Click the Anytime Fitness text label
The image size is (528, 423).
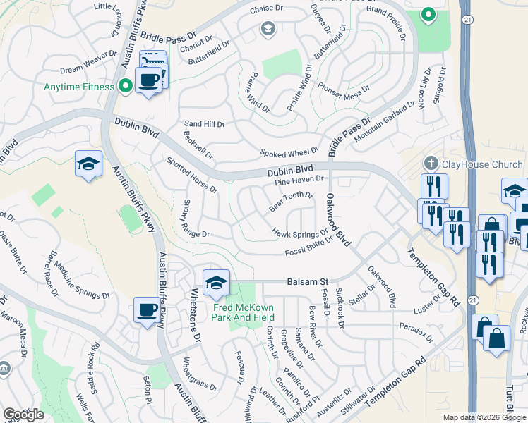(79, 87)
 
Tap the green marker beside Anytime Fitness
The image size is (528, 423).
(126, 87)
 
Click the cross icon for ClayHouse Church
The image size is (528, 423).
(432, 164)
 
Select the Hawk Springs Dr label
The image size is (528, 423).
(301, 233)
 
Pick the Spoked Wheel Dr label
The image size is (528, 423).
(289, 152)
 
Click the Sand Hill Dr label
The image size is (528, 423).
(204, 124)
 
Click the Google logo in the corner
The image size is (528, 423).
(24, 415)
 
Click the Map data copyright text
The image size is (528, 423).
(484, 417)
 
